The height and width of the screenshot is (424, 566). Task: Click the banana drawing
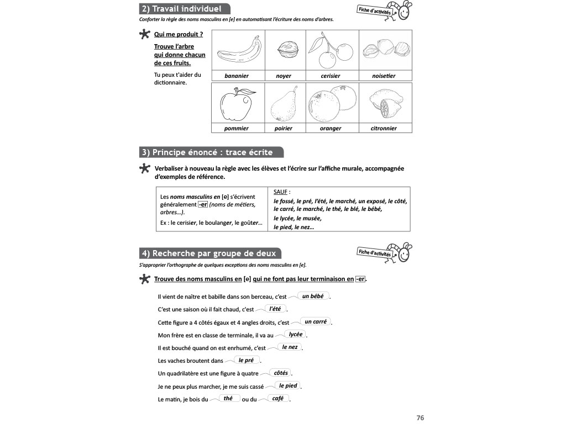(x=238, y=50)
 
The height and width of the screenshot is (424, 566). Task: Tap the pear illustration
(x=284, y=104)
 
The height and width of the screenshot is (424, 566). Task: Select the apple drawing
(x=236, y=103)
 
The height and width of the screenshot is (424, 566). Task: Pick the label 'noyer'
(x=284, y=76)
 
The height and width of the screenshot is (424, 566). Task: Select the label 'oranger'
(x=331, y=129)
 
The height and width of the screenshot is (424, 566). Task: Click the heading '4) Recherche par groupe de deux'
(x=210, y=253)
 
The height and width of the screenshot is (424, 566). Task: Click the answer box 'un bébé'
(x=313, y=296)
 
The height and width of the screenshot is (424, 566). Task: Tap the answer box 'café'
(x=278, y=398)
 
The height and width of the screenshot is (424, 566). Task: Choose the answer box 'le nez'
(x=290, y=347)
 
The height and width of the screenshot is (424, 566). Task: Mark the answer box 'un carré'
(x=316, y=321)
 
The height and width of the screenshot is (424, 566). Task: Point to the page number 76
(x=420, y=418)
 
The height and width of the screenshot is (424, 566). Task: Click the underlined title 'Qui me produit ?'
(x=179, y=34)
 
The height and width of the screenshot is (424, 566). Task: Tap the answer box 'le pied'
(x=288, y=385)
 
